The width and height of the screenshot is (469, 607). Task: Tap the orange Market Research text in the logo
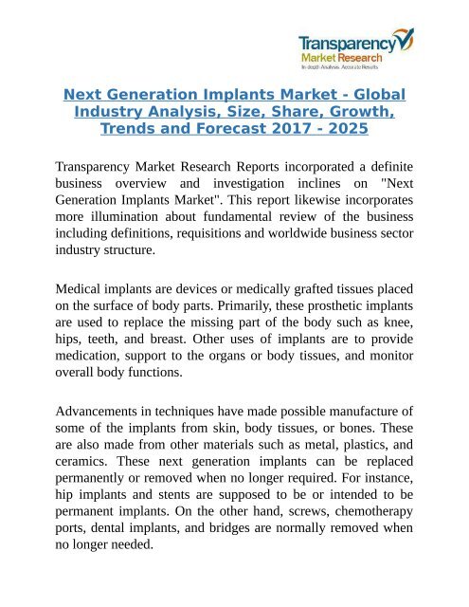click(336, 57)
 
